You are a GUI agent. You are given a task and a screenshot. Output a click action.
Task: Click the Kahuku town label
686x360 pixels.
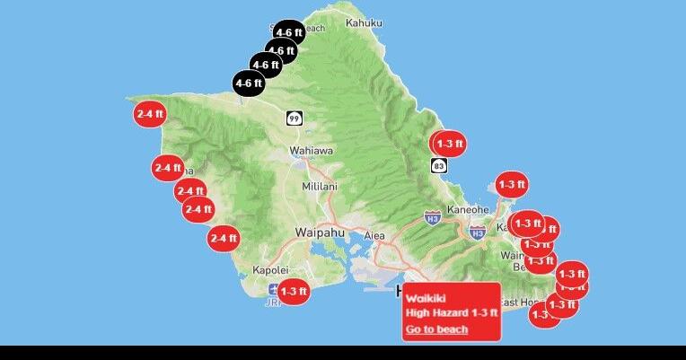pyautogui.click(x=364, y=22)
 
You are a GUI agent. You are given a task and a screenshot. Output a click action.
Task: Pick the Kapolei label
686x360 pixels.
pyautogui.click(x=269, y=269)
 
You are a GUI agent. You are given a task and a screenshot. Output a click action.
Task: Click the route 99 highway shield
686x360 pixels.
pyautogui.click(x=295, y=119)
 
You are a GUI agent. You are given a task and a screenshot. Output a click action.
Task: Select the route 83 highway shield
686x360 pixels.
pyautogui.click(x=438, y=166)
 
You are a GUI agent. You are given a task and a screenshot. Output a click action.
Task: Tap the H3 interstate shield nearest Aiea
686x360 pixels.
pyautogui.click(x=433, y=218)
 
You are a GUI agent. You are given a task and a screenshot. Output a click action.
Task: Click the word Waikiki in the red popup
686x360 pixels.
pyautogui.click(x=426, y=297)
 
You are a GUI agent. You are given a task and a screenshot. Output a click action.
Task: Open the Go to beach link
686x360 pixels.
pyautogui.click(x=436, y=329)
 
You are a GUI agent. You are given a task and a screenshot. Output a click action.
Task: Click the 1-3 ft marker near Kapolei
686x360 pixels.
pyautogui.click(x=294, y=291)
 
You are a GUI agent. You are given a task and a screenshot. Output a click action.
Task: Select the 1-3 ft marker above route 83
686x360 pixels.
pyautogui.click(x=449, y=143)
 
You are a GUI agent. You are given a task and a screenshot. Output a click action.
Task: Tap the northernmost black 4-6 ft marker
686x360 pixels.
pyautogui.click(x=287, y=32)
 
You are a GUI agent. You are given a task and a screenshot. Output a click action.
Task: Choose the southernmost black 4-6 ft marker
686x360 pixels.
pyautogui.click(x=249, y=83)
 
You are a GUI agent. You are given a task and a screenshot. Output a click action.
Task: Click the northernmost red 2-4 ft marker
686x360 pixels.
pyautogui.click(x=149, y=114)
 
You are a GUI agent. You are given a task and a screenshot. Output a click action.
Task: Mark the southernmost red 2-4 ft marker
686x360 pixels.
pyautogui.click(x=223, y=239)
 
